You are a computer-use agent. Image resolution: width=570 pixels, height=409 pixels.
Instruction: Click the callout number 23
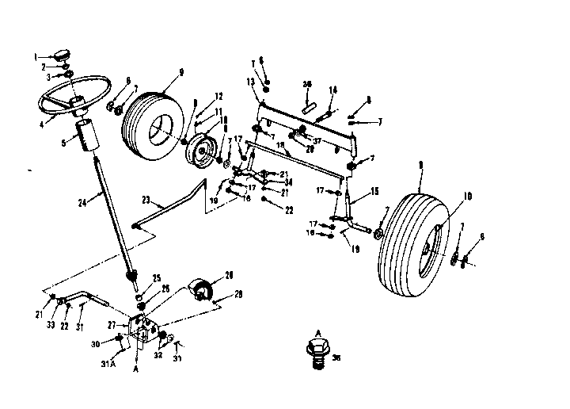tap(147, 199)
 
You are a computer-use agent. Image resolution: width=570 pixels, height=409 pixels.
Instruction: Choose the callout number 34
tap(279, 182)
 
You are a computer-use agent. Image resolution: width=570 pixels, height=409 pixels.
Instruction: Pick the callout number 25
tap(157, 277)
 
